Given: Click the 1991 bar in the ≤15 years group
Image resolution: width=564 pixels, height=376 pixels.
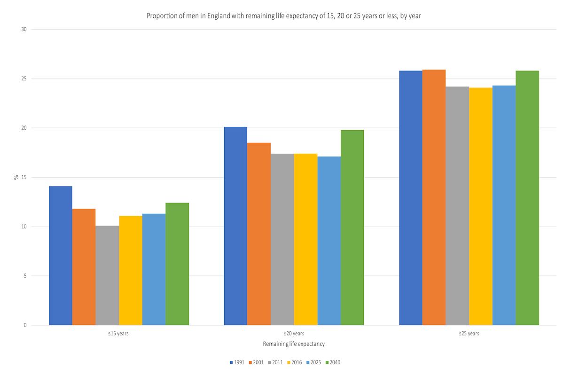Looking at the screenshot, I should pos(61,256).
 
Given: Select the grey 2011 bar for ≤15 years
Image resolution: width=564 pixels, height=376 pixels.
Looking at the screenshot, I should pos(107,275).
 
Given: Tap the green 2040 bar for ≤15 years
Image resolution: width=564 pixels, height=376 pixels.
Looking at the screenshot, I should pos(177,264).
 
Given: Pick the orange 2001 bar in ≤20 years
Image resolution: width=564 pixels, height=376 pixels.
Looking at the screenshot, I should pos(259,234).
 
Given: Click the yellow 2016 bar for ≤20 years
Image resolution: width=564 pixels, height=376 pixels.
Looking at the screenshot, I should pos(305,239).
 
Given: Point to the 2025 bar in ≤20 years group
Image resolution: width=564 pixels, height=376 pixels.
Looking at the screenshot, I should pos(329,241).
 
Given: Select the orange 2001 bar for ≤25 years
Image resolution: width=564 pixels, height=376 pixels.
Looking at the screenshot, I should pos(434,197).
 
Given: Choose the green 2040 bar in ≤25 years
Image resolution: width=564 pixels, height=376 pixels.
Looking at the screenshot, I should pos(527,198).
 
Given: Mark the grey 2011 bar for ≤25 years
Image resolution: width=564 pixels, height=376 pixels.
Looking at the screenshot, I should pos(457,206).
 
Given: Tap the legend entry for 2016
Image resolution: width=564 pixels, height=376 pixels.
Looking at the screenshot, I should pos(294,362).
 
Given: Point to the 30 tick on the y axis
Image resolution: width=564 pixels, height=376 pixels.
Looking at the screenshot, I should pos(24,29).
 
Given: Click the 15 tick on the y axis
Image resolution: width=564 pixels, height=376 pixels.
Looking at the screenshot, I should pos(24,177).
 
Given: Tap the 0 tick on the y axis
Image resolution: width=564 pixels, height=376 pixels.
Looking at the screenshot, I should pos(25,325).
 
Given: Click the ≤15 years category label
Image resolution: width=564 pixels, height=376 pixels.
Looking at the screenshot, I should pos(118,334).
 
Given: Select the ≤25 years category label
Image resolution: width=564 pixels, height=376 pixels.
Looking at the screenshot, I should pos(469,334).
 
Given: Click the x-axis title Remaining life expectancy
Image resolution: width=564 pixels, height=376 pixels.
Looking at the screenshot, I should pos(294,344).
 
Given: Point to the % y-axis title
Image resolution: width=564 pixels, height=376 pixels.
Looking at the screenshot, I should pos(16,177).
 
